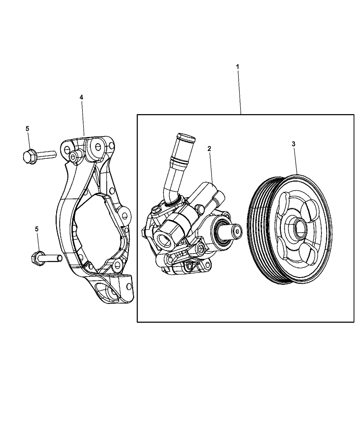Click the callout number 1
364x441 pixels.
[x=237, y=66]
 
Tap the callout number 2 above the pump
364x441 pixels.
[x=209, y=148]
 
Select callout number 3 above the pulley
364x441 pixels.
[x=293, y=144]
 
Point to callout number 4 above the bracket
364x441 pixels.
[x=81, y=98]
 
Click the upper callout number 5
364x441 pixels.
[x=27, y=128]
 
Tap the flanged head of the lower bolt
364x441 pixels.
[x=37, y=257]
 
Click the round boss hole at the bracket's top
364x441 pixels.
[x=97, y=147]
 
